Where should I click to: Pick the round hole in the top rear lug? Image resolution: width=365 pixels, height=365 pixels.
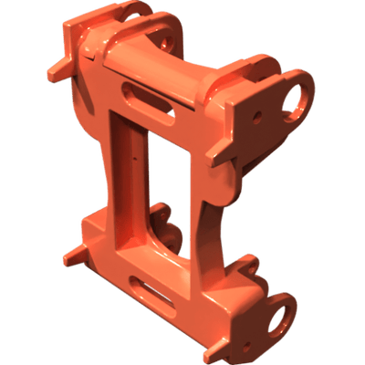164,42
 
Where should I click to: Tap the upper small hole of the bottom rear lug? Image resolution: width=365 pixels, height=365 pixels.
164,216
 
